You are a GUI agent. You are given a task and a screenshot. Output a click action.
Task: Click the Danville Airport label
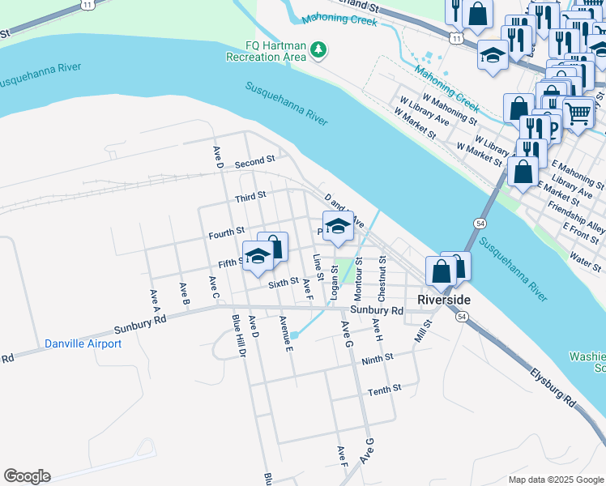[x=83, y=344]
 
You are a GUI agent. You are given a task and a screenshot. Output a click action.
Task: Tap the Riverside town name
[x=444, y=300]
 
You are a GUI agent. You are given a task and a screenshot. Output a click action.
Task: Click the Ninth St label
[x=378, y=358]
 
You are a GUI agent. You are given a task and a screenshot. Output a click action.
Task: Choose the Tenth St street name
[x=384, y=390]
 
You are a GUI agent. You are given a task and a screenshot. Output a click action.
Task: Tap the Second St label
[x=255, y=164]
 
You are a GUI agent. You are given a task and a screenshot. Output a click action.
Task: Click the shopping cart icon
[x=578, y=112]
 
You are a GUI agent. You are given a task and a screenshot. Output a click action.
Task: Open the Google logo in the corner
[x=27, y=476]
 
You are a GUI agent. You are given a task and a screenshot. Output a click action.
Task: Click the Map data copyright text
[x=556, y=480]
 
